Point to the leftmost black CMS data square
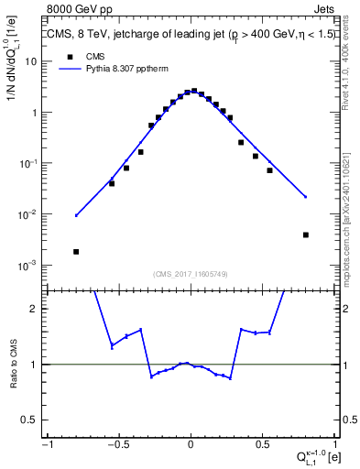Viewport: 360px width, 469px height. pos(76,251)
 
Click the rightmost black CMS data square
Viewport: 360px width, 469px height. pos(306,234)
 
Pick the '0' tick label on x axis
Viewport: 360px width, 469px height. pos(191,444)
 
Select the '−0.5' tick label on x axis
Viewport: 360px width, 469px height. pos(116,444)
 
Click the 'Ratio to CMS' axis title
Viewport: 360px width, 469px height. pos(12,365)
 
